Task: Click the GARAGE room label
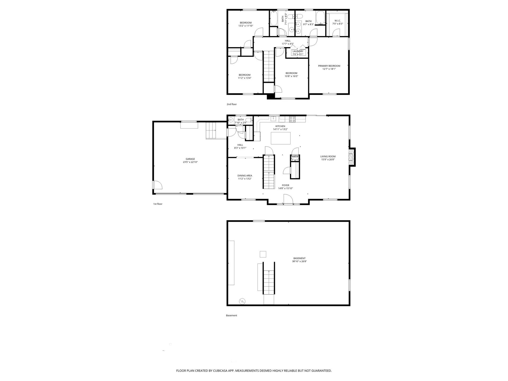(190, 159)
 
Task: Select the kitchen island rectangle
(280, 138)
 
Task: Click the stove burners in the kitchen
(292, 119)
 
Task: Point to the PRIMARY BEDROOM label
(329, 66)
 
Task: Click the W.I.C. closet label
(337, 21)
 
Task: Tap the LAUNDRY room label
(298, 51)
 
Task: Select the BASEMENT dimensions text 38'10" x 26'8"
(299, 261)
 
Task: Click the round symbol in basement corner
(242, 301)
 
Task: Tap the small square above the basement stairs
(263, 254)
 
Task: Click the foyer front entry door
(288, 199)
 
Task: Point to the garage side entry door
(157, 185)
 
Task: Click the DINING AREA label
(244, 176)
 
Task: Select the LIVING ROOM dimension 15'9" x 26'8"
(328, 160)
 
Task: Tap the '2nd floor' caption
(232, 104)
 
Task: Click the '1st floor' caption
(158, 204)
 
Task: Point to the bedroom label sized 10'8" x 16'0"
(291, 73)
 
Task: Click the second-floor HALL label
(288, 41)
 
